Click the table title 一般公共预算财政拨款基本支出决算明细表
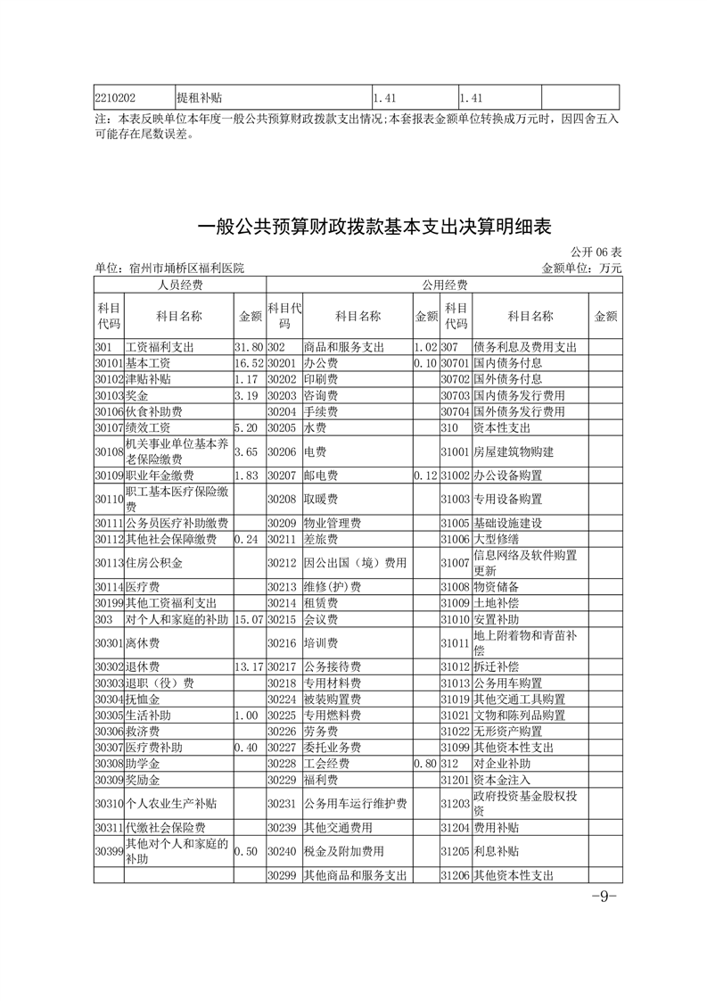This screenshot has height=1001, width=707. click(374, 227)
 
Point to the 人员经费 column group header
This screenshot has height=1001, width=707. click(180, 285)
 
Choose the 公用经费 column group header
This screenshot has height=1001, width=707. click(443, 285)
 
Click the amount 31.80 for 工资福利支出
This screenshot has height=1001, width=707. click(248, 347)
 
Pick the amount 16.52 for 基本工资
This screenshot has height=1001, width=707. click(248, 363)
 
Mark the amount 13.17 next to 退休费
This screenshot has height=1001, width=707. click(248, 666)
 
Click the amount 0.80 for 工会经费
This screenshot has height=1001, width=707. click(425, 764)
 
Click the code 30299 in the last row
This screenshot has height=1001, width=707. click(281, 875)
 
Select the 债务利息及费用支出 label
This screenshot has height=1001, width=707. click(525, 347)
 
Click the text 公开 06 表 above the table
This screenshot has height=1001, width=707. click(594, 254)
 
